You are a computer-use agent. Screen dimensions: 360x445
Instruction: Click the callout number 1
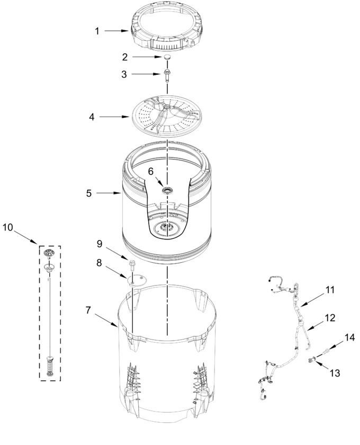point(97,31)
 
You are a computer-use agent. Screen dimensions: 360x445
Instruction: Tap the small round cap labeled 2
point(167,57)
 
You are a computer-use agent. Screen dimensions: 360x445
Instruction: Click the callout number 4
point(92,117)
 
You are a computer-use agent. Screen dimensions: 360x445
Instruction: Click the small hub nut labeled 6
point(167,190)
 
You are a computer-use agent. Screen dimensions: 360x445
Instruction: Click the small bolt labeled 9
point(132,264)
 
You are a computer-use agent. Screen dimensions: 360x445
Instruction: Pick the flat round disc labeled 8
point(137,280)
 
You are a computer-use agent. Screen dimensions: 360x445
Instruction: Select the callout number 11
point(329,290)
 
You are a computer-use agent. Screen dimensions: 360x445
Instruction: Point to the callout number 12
point(330,317)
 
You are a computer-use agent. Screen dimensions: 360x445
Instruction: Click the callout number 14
point(349,337)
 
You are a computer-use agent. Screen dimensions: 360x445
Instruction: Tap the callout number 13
point(335,373)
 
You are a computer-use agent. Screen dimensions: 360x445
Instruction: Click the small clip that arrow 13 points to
point(311,360)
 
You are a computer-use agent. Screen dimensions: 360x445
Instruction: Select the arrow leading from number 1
point(117,31)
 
